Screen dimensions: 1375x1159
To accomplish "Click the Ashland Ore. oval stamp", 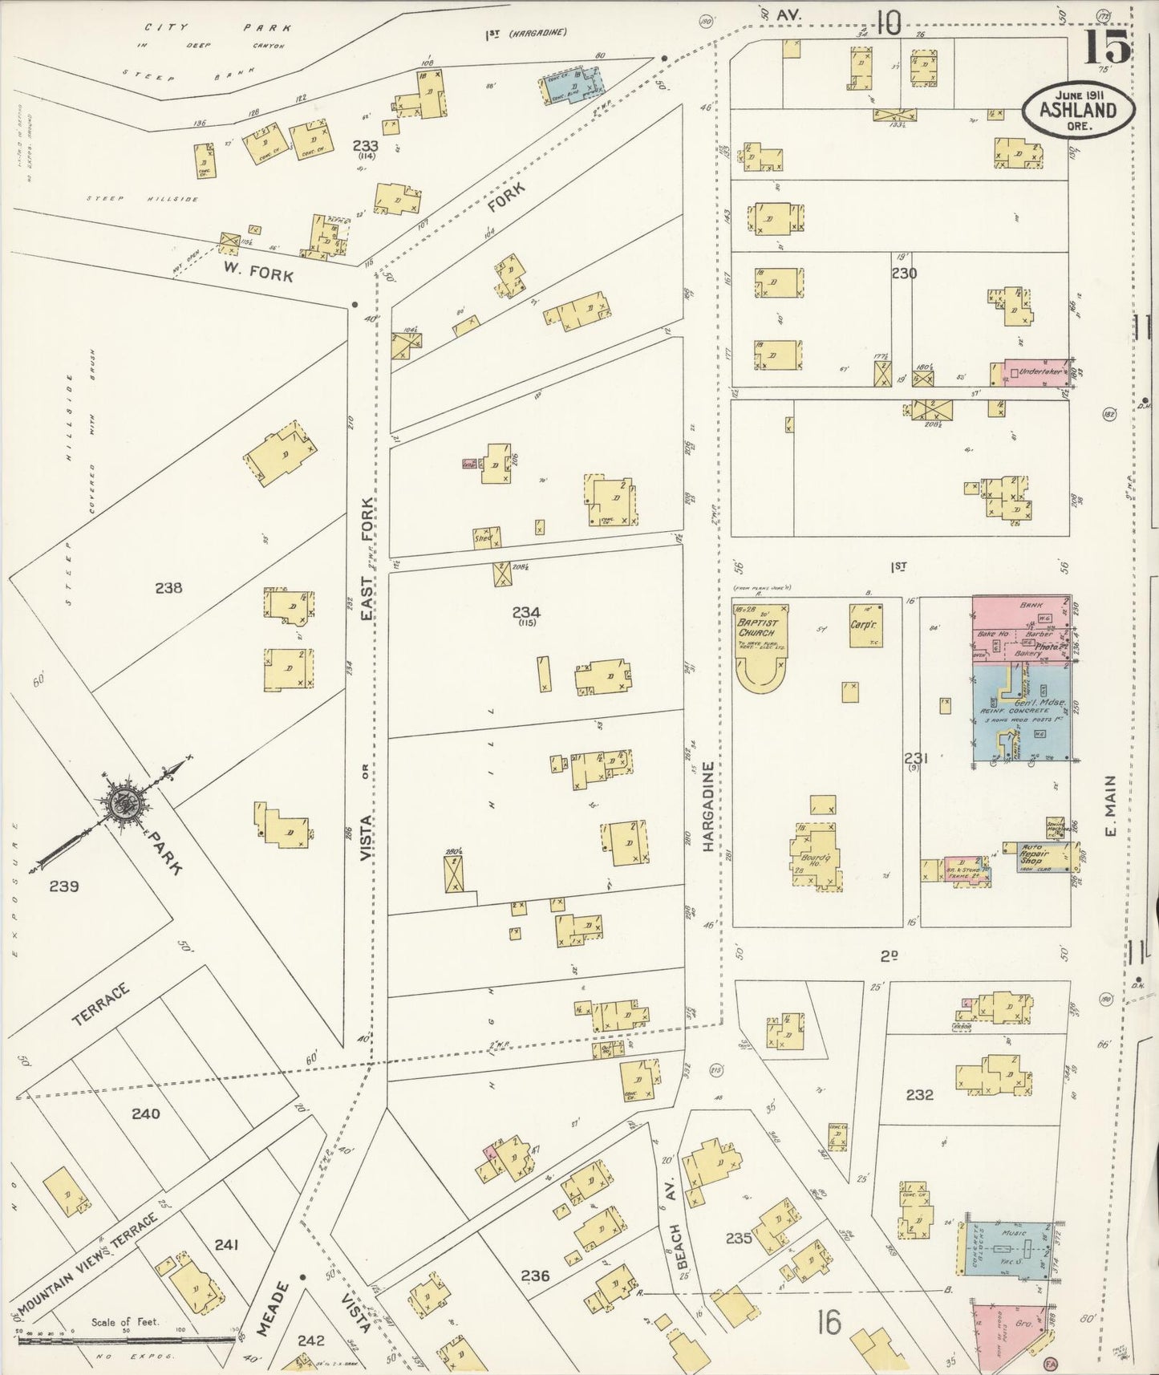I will coord(1078,110).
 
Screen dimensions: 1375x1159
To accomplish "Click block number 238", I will coord(168,588).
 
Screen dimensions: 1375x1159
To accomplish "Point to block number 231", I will coord(916,758).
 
